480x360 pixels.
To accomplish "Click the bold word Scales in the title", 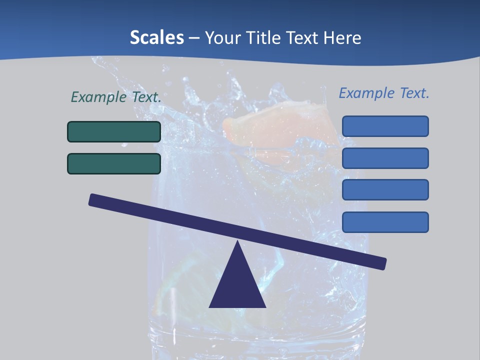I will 156,37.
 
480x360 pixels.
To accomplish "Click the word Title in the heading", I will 264,37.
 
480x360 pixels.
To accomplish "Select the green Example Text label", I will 116,97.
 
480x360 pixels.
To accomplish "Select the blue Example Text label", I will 384,93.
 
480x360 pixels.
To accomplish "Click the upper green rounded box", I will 114,131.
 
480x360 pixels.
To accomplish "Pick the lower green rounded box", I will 114,163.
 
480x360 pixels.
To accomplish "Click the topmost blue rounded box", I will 385,126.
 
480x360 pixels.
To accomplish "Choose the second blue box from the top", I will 385,158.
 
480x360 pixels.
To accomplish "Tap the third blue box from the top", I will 385,190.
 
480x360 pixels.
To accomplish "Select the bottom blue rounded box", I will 385,222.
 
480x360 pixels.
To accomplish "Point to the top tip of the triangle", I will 237,242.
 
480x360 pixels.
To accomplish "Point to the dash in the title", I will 194,38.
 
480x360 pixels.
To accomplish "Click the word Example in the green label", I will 98,97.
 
